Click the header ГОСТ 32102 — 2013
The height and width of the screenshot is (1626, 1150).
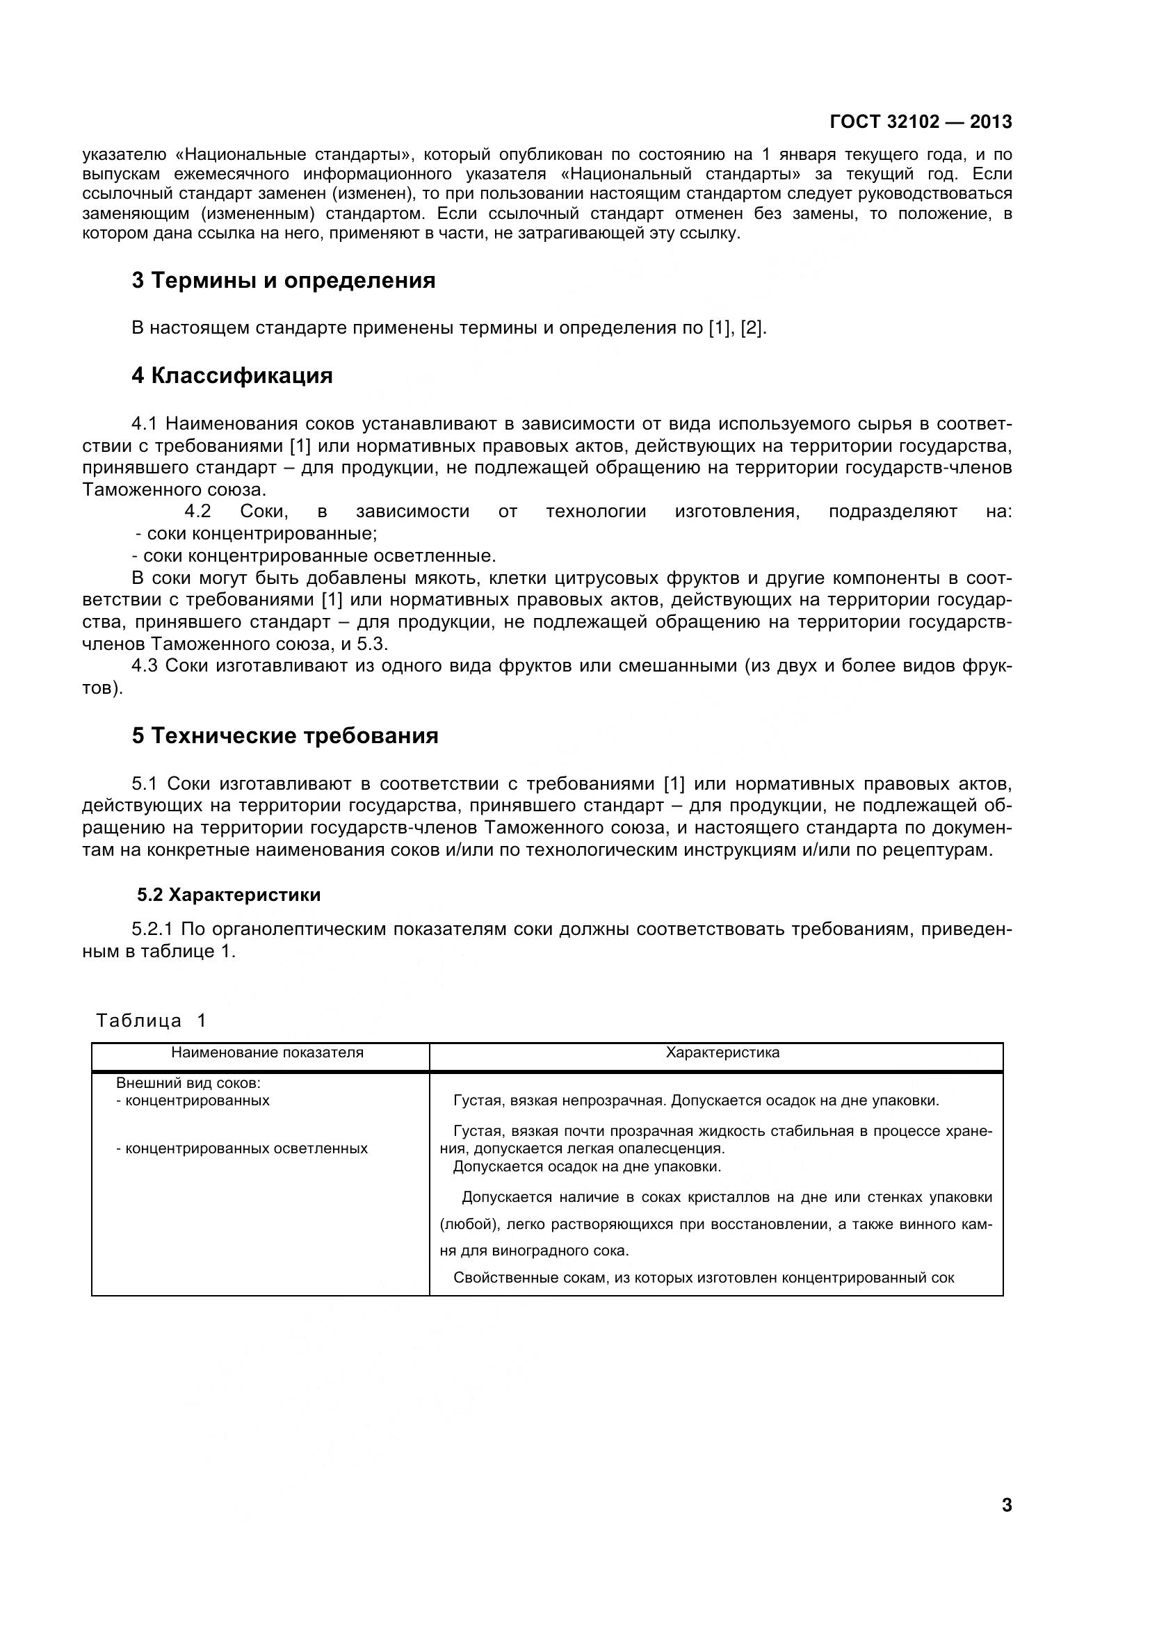tap(921, 122)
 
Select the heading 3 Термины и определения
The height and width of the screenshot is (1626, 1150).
tap(283, 280)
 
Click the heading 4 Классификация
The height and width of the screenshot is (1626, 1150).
tap(232, 375)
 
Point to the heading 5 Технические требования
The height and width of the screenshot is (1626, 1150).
tap(284, 735)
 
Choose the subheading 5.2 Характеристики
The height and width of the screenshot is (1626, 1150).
tap(229, 895)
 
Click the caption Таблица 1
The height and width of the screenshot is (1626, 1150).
tap(151, 1021)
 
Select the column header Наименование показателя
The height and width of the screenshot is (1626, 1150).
tap(267, 1052)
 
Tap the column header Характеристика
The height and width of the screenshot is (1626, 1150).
tap(722, 1052)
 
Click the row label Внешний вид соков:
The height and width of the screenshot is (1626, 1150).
tap(188, 1084)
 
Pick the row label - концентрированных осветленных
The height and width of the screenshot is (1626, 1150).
tap(241, 1148)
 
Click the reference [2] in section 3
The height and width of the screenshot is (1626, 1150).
tap(753, 328)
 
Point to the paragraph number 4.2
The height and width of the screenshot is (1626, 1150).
tap(197, 512)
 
